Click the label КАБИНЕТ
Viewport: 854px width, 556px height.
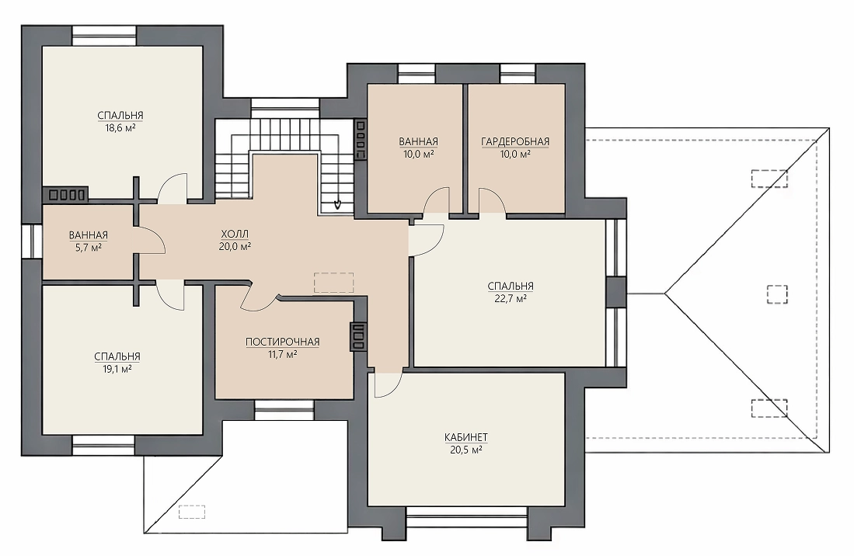465,437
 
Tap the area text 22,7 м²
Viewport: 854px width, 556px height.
511,298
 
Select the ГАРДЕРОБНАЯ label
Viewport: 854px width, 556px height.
514,141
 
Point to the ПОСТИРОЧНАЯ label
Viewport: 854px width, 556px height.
282,342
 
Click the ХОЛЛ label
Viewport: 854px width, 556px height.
235,234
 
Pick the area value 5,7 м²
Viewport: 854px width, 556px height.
89,247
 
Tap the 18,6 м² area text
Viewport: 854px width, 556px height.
120,128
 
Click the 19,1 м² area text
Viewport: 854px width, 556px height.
117,369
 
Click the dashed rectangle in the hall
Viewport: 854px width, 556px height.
333,283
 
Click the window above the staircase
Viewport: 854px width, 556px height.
285,107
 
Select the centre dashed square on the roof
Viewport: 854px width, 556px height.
777,294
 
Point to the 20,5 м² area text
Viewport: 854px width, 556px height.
465,450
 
